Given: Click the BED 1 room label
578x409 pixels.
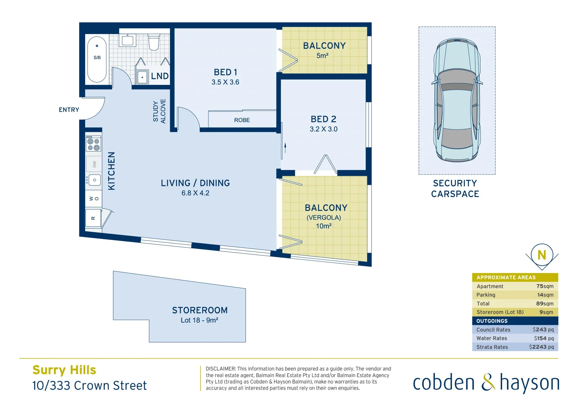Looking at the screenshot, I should pyautogui.click(x=225, y=72).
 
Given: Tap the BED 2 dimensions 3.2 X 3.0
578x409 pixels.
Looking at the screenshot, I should pyautogui.click(x=323, y=129).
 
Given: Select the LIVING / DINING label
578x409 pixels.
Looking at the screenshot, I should pyautogui.click(x=195, y=183).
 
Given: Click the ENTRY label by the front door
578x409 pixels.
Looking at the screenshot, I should pyautogui.click(x=69, y=110).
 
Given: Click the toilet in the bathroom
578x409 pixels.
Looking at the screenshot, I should pyautogui.click(x=154, y=42).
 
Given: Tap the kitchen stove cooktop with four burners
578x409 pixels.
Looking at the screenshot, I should pyautogui.click(x=93, y=144).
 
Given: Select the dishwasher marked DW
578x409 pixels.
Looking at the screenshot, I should pyautogui.click(x=94, y=164).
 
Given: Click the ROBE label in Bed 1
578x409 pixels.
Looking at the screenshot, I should pyautogui.click(x=242, y=120).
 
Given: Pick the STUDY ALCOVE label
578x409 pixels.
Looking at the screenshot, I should pyautogui.click(x=159, y=111).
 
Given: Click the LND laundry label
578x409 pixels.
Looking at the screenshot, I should pyautogui.click(x=160, y=76).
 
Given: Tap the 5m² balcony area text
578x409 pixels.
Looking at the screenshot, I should pyautogui.click(x=322, y=56).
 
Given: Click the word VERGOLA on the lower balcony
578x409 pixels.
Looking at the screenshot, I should pyautogui.click(x=324, y=217).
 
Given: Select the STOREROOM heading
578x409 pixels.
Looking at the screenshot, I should pyautogui.click(x=200, y=311).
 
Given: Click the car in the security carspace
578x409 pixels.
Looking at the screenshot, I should pyautogui.click(x=457, y=100).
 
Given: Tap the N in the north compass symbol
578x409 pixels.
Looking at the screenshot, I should pyautogui.click(x=542, y=255).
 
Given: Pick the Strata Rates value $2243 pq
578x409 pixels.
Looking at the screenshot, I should pyautogui.click(x=541, y=347).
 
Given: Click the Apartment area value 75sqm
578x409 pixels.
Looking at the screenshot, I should pyautogui.click(x=545, y=286).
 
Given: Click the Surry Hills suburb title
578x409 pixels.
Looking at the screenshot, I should pyautogui.click(x=64, y=370).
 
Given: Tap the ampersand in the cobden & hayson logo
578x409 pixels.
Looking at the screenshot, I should pyautogui.click(x=488, y=382).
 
